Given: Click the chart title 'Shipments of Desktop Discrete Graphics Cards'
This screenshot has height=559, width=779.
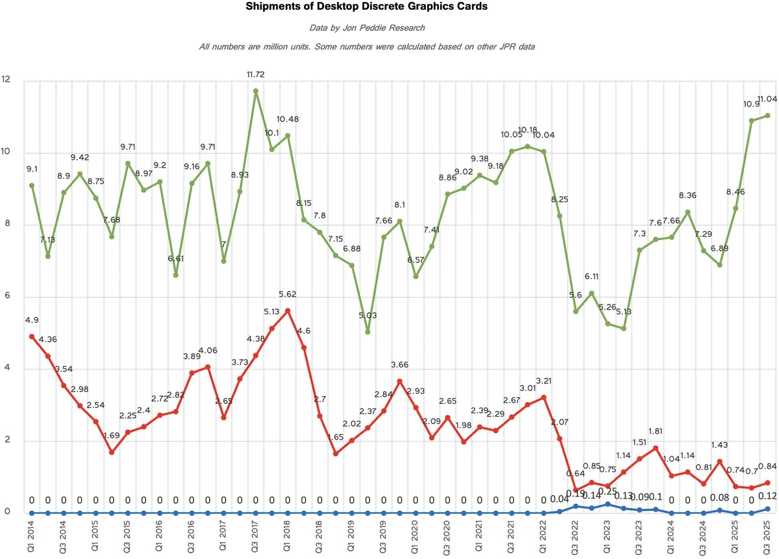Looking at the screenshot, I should pyautogui.click(x=365, y=8).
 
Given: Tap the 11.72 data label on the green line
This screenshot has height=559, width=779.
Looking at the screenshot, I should pyautogui.click(x=255, y=75).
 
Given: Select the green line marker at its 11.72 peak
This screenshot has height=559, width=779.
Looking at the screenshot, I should pyautogui.click(x=256, y=91).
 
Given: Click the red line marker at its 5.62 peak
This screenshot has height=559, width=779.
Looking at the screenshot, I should pyautogui.click(x=288, y=310).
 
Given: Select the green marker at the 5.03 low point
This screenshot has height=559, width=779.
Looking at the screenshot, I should pyautogui.click(x=367, y=332).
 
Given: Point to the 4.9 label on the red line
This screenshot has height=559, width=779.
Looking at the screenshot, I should pyautogui.click(x=32, y=320).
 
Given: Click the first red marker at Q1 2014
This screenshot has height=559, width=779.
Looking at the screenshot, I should pyautogui.click(x=32, y=336).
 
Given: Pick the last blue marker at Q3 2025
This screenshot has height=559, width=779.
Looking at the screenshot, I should pyautogui.click(x=767, y=509).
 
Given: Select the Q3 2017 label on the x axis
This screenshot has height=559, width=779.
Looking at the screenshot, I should pyautogui.click(x=256, y=538).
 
